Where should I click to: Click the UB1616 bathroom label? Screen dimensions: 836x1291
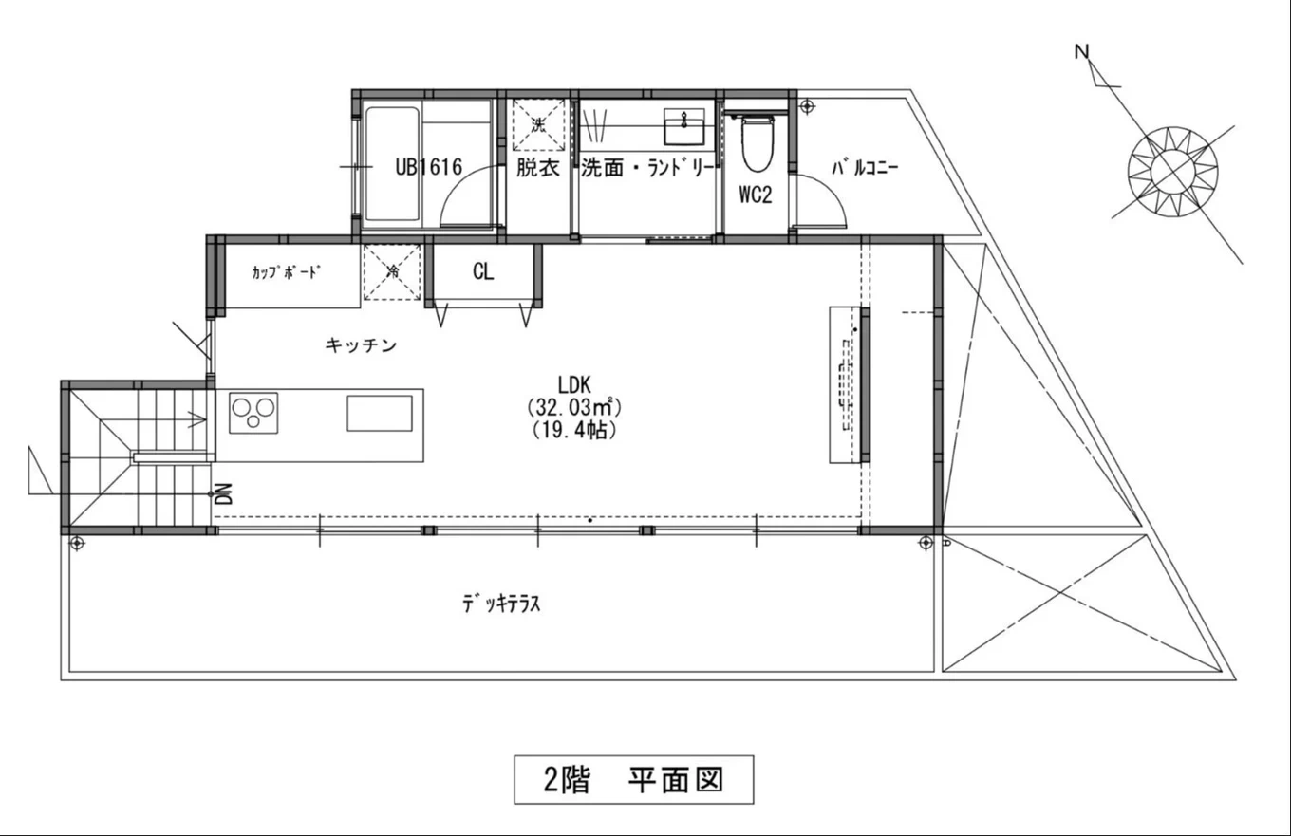click(x=428, y=168)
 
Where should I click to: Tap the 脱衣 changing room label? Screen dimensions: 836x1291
click(x=537, y=168)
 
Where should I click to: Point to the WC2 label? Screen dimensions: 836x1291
click(x=756, y=195)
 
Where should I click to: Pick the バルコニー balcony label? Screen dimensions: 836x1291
click(x=865, y=169)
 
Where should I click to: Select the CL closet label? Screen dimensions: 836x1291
click(x=483, y=271)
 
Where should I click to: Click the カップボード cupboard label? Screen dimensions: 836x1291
click(x=286, y=271)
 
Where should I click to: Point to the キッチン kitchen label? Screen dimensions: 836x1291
click(x=361, y=345)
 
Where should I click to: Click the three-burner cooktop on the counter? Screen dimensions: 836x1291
click(x=253, y=414)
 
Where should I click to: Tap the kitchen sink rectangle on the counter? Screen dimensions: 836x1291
click(x=380, y=414)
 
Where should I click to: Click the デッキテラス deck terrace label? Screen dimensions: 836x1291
click(x=502, y=604)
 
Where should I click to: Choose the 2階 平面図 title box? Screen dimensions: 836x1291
click(x=633, y=779)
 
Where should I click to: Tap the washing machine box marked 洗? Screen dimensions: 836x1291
click(x=538, y=124)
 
